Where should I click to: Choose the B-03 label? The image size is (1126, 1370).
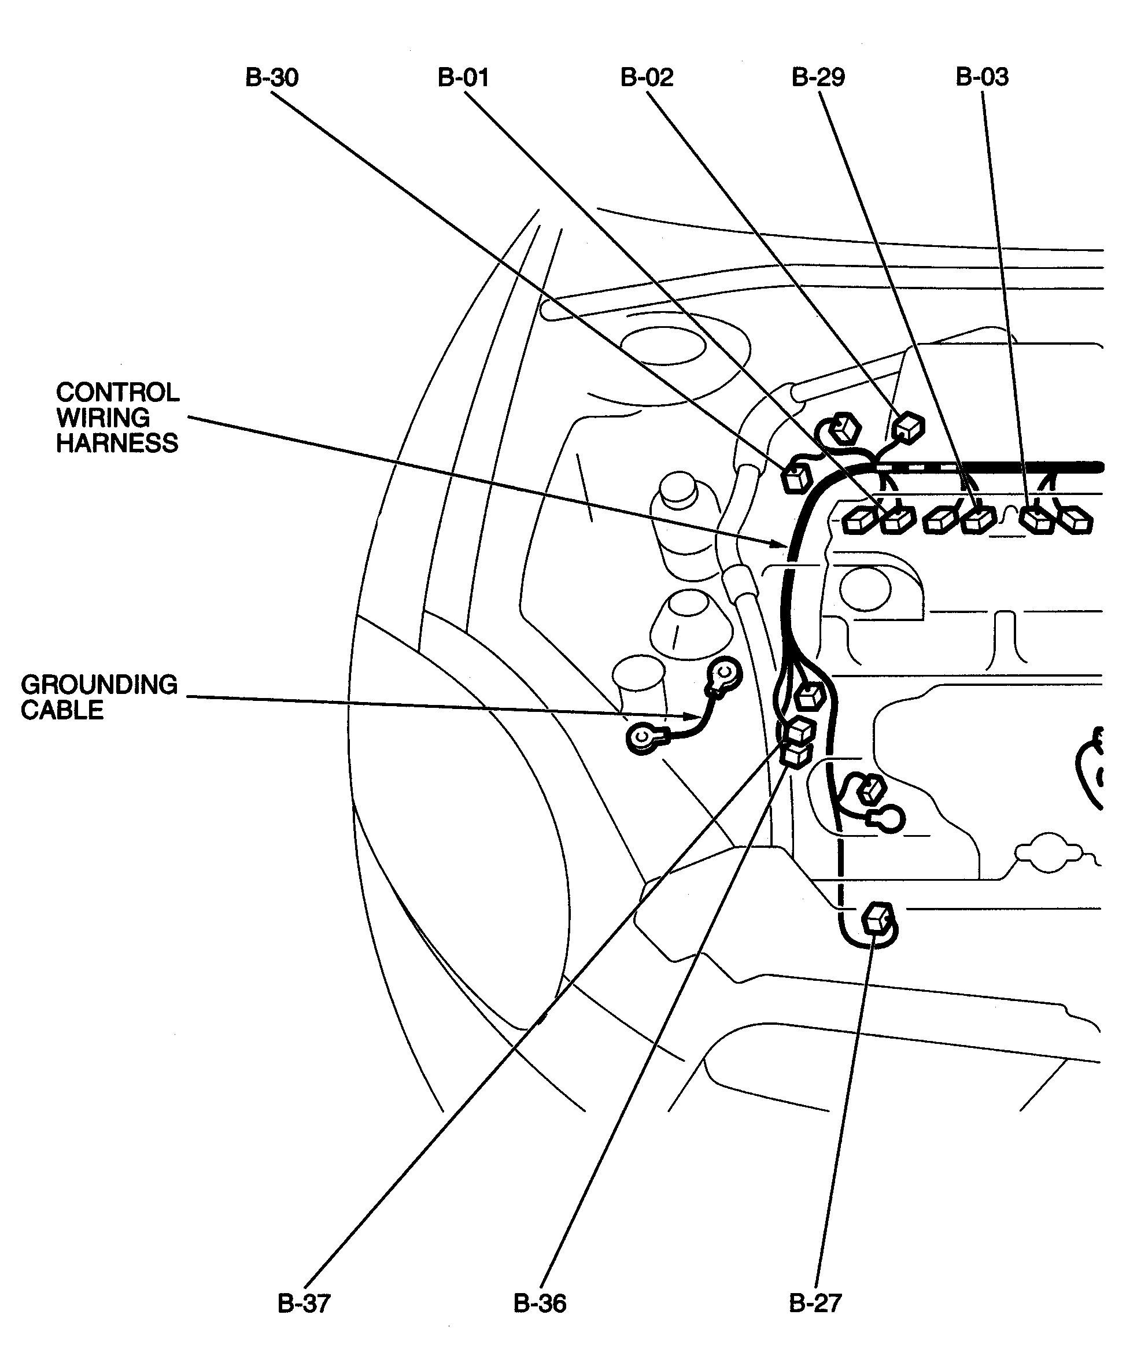point(982,77)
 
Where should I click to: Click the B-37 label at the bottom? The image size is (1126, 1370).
point(304,1303)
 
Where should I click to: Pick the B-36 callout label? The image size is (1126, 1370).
point(540,1303)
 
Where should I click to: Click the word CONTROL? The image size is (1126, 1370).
point(117,393)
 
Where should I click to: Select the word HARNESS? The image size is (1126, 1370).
point(117,443)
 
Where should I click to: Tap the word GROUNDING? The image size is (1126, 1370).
point(99,685)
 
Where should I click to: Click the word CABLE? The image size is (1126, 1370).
point(62,710)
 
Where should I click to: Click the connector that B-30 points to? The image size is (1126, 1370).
point(796,478)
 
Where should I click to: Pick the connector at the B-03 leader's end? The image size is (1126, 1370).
point(1037,519)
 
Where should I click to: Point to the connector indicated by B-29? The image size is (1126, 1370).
point(977,519)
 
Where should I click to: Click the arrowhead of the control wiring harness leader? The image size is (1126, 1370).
point(780,544)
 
